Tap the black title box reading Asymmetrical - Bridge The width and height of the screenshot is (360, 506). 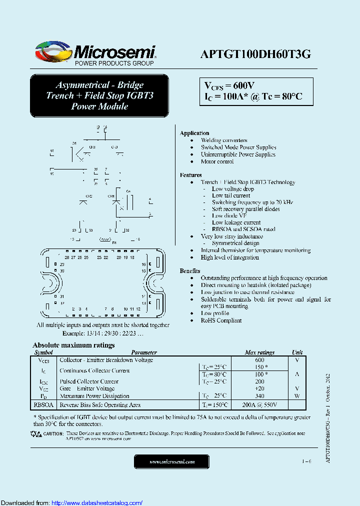click(x=99, y=95)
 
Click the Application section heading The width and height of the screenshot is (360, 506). click(x=194, y=133)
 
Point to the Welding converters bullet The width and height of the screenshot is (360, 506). click(x=224, y=140)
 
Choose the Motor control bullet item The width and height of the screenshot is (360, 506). click(x=217, y=161)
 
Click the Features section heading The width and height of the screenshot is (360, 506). click(x=190, y=175)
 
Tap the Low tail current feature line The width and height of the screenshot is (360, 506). click(x=231, y=195)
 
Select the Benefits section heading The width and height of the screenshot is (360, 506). click(x=190, y=270)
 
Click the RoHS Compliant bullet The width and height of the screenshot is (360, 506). click(x=221, y=320)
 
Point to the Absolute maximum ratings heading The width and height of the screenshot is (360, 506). click(x=73, y=345)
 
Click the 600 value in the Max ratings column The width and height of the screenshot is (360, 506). click(x=259, y=360)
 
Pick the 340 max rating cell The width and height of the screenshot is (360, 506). click(x=259, y=396)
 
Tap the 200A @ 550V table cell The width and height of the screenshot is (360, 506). click(x=259, y=405)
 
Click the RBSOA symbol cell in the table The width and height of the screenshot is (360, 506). click(x=43, y=405)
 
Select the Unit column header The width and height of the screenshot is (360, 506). click(x=297, y=352)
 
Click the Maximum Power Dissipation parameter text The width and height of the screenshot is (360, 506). click(x=94, y=396)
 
